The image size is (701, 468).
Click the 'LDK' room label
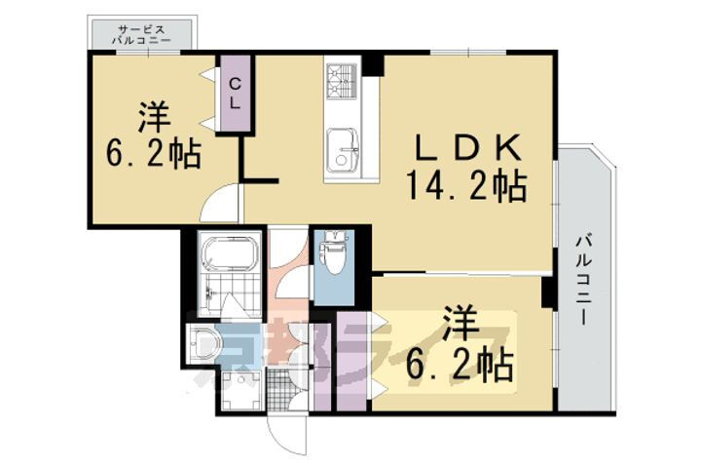pos(470,149)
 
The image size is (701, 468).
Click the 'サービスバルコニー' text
pos(142,36)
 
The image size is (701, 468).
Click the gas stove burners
pos(343,80)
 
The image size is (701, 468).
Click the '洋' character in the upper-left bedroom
pos(154,119)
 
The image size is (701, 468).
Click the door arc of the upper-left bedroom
pos(222,203)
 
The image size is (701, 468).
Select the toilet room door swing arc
pos(290,283)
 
